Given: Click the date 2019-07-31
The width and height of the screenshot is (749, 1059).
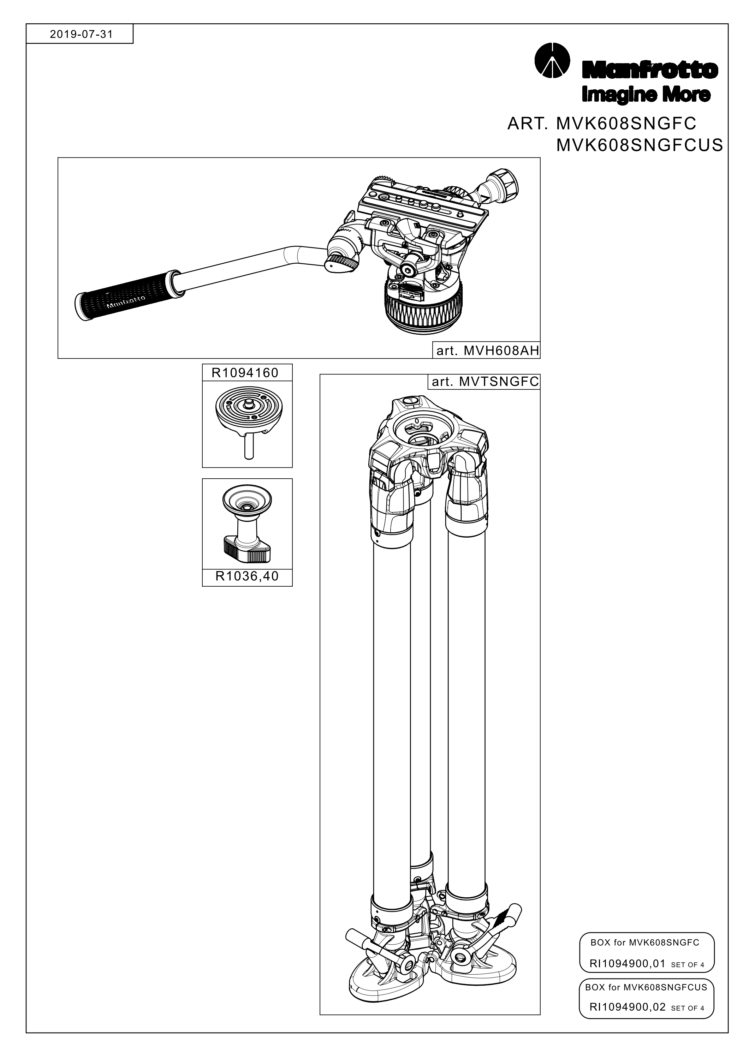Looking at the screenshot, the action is click(81, 34).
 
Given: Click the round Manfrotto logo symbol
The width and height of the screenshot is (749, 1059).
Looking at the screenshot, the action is click(552, 61).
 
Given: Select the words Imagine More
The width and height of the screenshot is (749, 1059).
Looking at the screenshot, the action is click(646, 95).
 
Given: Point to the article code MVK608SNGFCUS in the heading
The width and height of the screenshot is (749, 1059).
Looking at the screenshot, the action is click(640, 145).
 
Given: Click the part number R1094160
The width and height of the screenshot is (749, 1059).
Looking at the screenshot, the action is click(245, 373).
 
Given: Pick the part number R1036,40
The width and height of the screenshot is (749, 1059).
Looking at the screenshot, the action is click(247, 576).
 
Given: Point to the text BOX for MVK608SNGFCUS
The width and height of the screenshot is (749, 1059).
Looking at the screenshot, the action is click(646, 987).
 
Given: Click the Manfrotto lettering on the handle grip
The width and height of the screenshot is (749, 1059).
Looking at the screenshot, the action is click(126, 302).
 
